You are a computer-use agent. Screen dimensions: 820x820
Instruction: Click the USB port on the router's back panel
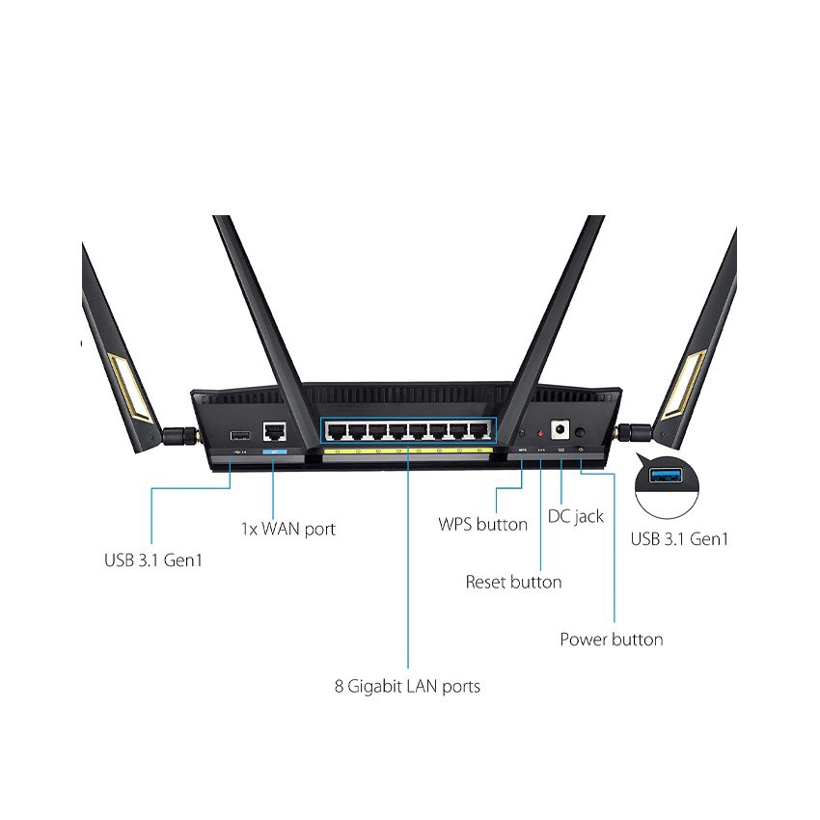click(x=240, y=433)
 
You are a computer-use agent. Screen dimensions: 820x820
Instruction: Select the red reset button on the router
click(x=539, y=435)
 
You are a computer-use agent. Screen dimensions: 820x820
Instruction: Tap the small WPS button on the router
click(x=522, y=435)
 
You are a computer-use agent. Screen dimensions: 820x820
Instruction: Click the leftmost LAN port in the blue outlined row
click(x=336, y=430)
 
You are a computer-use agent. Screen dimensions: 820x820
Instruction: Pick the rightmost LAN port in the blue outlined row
click(x=478, y=430)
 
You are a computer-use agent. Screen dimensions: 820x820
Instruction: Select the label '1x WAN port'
click(x=287, y=529)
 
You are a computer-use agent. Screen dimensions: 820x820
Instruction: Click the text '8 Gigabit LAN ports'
click(x=406, y=687)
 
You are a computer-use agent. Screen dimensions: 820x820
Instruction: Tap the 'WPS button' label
click(x=482, y=525)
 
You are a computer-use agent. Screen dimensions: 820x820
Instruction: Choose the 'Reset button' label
click(x=513, y=582)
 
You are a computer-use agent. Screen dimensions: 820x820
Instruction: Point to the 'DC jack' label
click(x=575, y=516)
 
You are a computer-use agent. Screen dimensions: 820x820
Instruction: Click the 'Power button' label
click(x=611, y=639)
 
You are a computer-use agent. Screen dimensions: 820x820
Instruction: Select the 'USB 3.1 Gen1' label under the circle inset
click(x=679, y=539)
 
